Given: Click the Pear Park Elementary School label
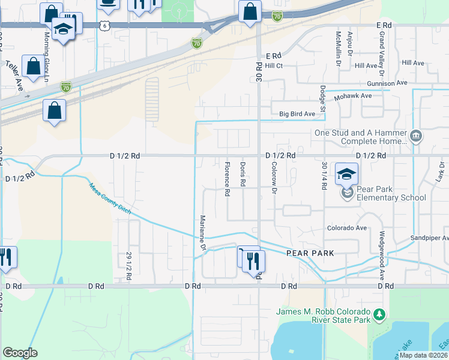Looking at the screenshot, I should click(391, 193).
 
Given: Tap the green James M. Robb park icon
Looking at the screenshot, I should click(378, 314).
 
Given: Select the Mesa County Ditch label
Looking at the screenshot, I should click(110, 199).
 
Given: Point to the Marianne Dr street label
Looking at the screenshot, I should click(203, 233).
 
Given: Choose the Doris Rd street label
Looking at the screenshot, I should click(243, 173).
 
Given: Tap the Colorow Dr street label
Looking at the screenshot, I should click(274, 178).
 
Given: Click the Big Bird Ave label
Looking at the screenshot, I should click(297, 113).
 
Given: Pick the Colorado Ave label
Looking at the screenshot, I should click(346, 228).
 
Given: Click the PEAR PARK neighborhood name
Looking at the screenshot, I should click(310, 253).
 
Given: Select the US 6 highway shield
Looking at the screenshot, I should click(105, 25).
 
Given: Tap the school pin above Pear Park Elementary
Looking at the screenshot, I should click(346, 174).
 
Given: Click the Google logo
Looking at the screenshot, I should click(20, 353).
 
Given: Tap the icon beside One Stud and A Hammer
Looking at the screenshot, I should click(415, 137).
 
